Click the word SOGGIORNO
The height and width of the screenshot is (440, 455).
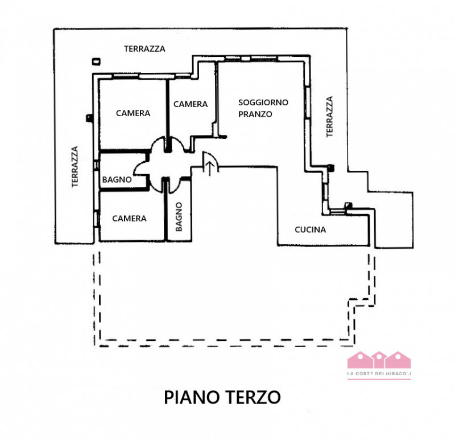(263, 102)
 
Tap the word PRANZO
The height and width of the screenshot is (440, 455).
(255, 114)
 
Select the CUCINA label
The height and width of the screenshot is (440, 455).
(310, 230)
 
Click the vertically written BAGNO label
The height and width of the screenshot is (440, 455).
(179, 217)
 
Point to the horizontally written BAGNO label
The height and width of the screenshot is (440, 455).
(117, 180)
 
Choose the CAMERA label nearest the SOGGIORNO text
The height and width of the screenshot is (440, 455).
(191, 104)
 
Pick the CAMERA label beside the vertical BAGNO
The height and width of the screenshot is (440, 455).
(129, 218)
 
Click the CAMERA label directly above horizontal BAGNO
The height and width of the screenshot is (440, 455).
(133, 113)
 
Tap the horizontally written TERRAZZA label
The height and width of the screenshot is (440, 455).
(144, 49)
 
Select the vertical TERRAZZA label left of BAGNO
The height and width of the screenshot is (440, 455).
(74, 167)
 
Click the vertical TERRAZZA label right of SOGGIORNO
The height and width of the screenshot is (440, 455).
(329, 117)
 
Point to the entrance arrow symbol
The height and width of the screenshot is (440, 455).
(210, 168)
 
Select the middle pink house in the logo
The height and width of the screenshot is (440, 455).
(379, 360)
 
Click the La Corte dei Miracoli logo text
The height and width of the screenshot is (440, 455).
(379, 373)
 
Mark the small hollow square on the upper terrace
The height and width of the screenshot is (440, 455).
(96, 60)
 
